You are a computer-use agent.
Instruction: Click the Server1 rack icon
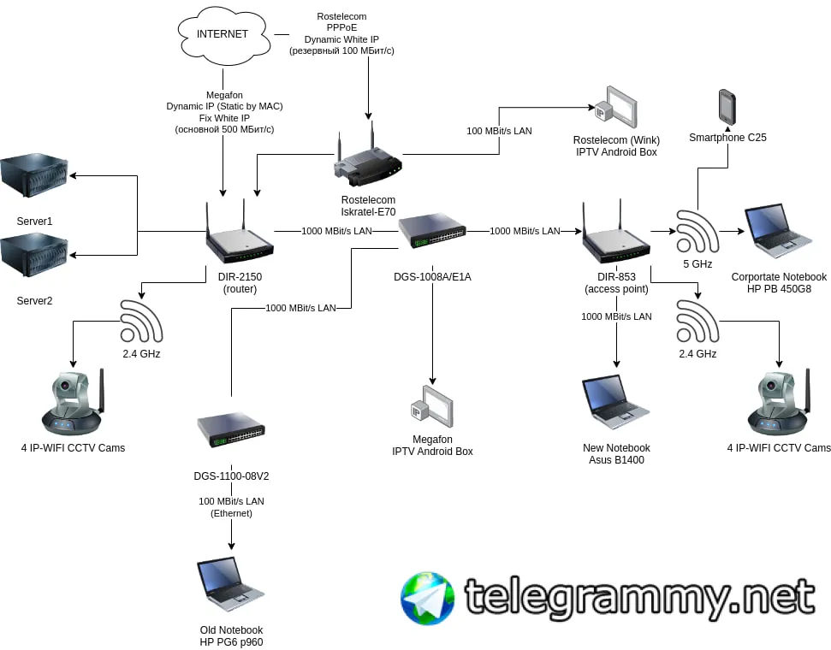pyautogui.click(x=34, y=175)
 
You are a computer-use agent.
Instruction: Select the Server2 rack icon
pyautogui.click(x=34, y=255)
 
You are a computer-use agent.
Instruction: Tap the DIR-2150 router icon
pyautogui.click(x=240, y=234)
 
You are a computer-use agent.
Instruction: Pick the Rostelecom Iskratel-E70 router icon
pyautogui.click(x=368, y=157)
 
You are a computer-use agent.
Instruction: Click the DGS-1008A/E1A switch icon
pyautogui.click(x=432, y=231)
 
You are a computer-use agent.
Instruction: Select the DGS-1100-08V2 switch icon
pyautogui.click(x=231, y=429)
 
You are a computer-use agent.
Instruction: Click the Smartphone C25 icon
pyautogui.click(x=727, y=107)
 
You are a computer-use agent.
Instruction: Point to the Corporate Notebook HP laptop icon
pyautogui.click(x=778, y=230)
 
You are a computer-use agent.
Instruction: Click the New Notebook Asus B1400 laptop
pyautogui.click(x=616, y=402)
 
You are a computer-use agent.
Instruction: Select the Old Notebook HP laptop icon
pyautogui.click(x=230, y=585)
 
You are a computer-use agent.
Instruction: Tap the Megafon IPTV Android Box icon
pyautogui.click(x=432, y=407)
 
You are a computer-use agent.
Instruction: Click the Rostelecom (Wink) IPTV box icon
pyautogui.click(x=615, y=108)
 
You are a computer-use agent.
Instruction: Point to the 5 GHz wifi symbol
pyautogui.click(x=697, y=231)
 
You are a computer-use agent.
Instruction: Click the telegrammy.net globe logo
pyautogui.click(x=427, y=598)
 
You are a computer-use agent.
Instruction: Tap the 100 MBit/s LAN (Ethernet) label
pyautogui.click(x=231, y=507)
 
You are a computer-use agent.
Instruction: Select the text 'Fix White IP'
pyautogui.click(x=224, y=118)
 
